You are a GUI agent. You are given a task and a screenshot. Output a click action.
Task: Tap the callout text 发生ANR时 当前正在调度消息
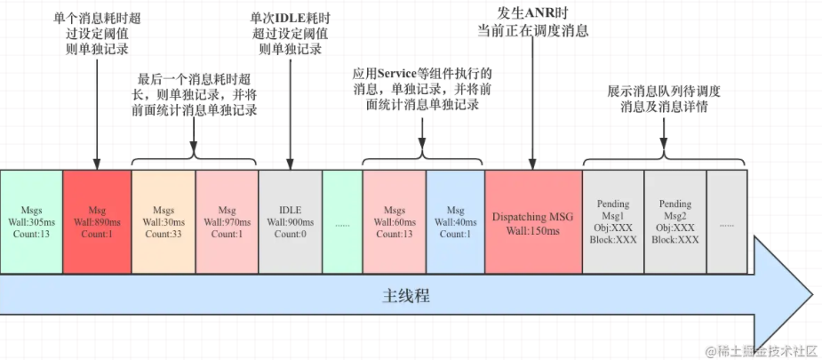pyautogui.click(x=532, y=22)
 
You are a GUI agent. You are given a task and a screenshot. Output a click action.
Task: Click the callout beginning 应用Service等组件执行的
pyautogui.click(x=423, y=89)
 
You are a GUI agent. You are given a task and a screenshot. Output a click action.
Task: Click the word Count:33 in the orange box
pyautogui.click(x=163, y=234)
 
